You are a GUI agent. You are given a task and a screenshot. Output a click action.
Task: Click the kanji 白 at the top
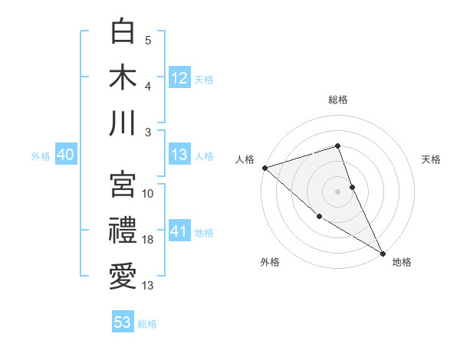(x=123, y=32)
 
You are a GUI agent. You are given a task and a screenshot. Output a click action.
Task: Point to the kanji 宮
(x=123, y=183)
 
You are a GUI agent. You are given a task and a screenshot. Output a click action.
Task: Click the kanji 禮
(x=123, y=229)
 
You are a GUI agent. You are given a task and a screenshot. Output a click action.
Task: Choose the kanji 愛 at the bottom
(x=123, y=275)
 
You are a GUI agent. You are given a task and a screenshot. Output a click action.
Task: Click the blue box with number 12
(x=179, y=77)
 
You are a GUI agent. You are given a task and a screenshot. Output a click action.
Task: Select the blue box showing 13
(x=179, y=155)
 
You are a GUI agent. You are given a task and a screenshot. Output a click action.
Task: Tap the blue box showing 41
(x=179, y=231)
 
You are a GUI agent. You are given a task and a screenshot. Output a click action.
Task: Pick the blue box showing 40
(x=65, y=155)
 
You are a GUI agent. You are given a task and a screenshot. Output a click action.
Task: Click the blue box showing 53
(x=123, y=322)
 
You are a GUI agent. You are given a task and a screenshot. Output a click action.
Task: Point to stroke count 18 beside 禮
(x=148, y=240)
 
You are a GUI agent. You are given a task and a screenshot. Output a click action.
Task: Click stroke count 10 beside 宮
(x=148, y=193)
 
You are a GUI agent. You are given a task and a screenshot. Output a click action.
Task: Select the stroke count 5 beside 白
(x=148, y=41)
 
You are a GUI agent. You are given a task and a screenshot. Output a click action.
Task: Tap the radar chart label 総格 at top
(x=338, y=100)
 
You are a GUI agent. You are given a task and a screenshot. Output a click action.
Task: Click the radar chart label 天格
(x=432, y=159)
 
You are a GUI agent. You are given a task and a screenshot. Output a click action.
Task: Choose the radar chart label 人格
(x=245, y=159)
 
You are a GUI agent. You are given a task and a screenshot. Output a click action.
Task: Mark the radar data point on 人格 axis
(x=264, y=167)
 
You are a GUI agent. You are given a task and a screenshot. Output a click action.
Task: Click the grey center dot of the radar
(x=338, y=191)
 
